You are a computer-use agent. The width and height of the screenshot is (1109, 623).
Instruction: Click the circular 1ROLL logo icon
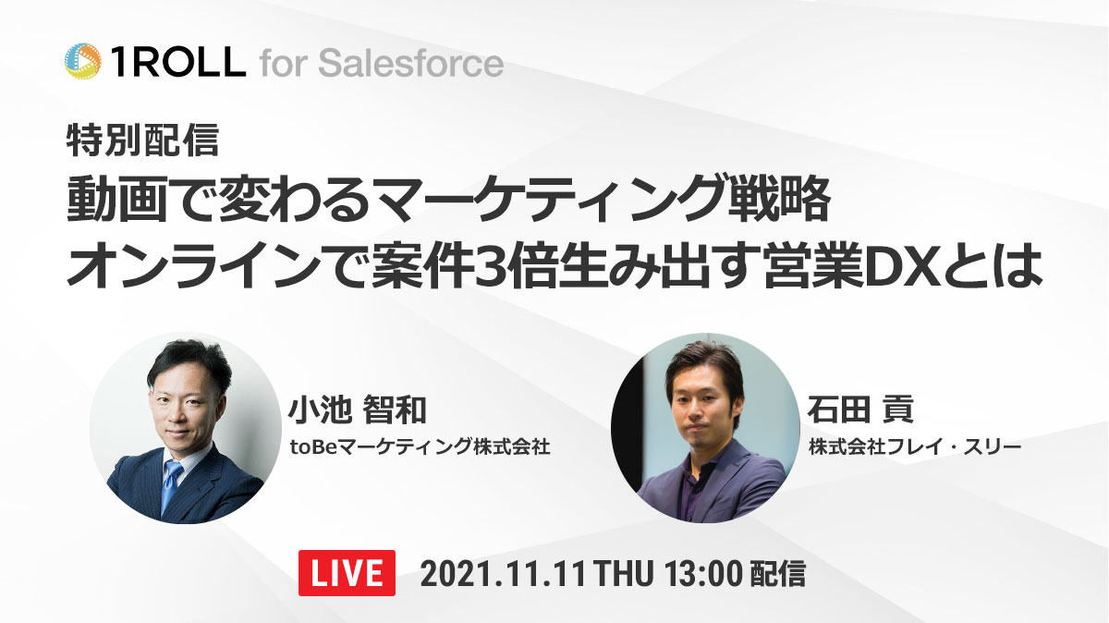point(83,61)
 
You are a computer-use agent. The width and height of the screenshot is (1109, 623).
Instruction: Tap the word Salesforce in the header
point(411,64)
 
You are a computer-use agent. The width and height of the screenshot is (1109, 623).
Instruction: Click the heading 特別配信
point(142,140)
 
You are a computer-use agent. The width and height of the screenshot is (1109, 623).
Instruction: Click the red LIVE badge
point(347,573)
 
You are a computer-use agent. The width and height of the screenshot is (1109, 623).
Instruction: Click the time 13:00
point(703,574)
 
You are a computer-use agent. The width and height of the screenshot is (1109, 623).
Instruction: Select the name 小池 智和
point(357,410)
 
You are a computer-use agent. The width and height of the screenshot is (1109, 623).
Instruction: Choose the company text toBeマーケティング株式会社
point(420,446)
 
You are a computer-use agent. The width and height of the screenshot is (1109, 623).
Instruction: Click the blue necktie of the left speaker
point(171,485)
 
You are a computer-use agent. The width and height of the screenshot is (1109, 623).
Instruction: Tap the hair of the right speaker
point(705,366)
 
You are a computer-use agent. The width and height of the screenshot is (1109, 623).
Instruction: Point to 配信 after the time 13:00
point(778,574)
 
